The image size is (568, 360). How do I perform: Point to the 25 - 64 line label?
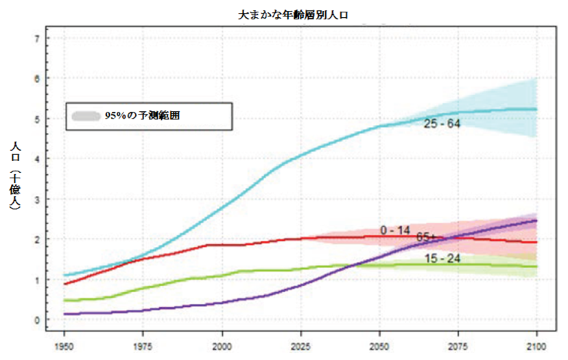[442, 124]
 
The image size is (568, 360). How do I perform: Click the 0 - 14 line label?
[396, 230]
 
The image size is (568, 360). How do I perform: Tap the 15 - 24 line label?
[442, 259]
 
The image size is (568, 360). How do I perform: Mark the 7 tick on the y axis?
[37, 38]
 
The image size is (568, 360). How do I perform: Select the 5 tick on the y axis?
[37, 119]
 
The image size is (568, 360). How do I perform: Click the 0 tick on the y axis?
[37, 320]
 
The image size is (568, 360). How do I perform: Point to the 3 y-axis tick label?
[37, 199]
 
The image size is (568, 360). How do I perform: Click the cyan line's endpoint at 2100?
[536, 110]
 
